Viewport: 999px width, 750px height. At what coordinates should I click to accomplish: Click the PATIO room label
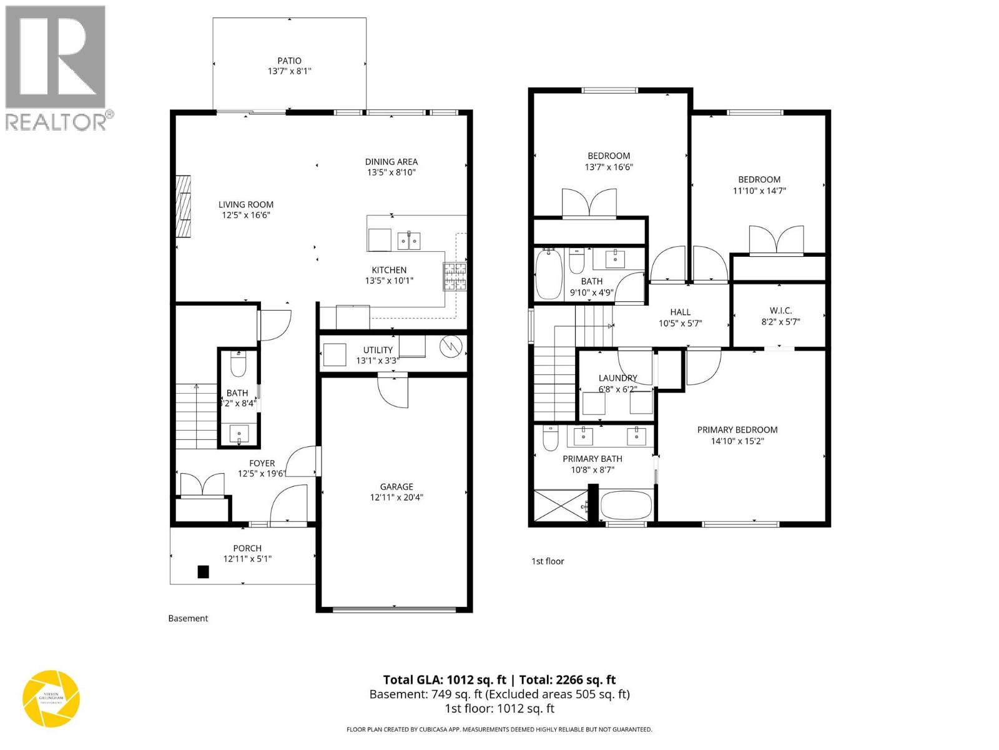click(x=289, y=61)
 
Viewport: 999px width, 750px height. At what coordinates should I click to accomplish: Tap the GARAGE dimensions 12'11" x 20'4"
click(x=396, y=497)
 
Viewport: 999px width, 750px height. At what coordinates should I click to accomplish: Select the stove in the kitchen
click(x=455, y=276)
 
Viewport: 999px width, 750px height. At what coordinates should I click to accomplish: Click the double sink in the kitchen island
click(x=409, y=240)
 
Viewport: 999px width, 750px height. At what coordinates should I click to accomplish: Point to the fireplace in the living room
click(x=183, y=206)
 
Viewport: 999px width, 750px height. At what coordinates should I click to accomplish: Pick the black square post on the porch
click(x=203, y=571)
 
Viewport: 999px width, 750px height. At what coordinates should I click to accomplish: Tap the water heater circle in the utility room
click(x=450, y=347)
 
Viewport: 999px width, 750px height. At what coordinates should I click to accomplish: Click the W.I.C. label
click(x=780, y=311)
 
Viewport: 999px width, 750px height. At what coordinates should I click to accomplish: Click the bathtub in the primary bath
click(x=626, y=504)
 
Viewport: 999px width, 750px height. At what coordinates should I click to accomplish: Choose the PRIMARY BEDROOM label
click(x=737, y=430)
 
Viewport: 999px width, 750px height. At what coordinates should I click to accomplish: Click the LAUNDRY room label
click(x=618, y=378)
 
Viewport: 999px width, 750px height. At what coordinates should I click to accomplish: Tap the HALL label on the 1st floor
click(x=680, y=312)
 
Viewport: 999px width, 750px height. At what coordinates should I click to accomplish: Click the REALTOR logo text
click(x=56, y=121)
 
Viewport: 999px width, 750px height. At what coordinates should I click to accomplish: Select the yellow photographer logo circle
click(x=51, y=699)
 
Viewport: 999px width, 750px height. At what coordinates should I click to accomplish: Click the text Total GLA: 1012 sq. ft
click(x=444, y=680)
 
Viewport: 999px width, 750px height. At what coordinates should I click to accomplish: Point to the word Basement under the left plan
click(x=188, y=618)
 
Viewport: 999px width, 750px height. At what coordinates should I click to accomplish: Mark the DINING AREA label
click(x=391, y=161)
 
